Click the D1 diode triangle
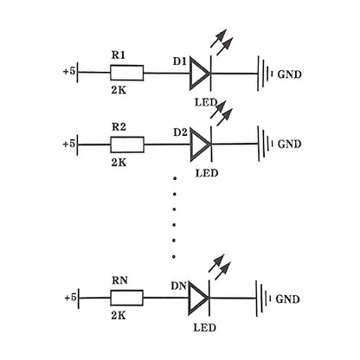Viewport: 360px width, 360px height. pos(190,74)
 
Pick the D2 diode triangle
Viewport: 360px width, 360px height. pos(190,145)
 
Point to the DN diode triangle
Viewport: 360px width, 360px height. pos(189,298)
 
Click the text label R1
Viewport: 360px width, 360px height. pos(119,55)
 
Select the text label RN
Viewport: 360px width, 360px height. pos(119,280)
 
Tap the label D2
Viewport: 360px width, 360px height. pos(180,132)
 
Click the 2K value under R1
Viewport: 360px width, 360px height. pos(119,90)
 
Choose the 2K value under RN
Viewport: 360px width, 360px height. pos(119,316)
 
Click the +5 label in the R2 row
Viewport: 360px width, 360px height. pos(69,144)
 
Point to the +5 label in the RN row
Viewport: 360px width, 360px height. pos(71,298)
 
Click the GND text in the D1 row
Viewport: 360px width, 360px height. pos(289,74)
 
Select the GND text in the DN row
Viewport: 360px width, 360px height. pos(287,299)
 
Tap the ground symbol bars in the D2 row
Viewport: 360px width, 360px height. pos(266,144)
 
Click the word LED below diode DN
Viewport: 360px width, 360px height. pos(204,328)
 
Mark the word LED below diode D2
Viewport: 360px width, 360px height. pos(207,173)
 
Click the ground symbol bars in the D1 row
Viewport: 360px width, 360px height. pos(266,74)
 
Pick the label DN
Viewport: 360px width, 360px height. pos(179,286)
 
